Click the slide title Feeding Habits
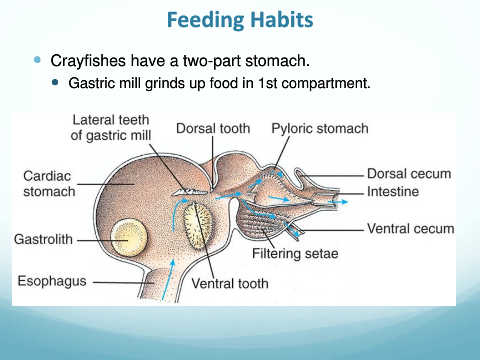click(240, 20)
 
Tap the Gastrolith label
click(43, 239)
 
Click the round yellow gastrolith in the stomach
click(129, 238)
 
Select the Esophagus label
click(52, 281)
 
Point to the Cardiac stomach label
click(49, 184)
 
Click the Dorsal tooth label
click(213, 128)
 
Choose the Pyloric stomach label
click(320, 129)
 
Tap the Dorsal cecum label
click(409, 174)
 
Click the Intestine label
click(393, 192)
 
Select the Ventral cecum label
click(411, 229)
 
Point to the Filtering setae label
click(295, 253)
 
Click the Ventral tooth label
click(230, 283)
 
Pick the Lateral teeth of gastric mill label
click(111, 128)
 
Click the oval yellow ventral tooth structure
click(198, 226)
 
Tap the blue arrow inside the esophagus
click(169, 280)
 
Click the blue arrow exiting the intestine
click(338, 202)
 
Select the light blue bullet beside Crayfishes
click(37, 60)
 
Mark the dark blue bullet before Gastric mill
click(55, 82)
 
